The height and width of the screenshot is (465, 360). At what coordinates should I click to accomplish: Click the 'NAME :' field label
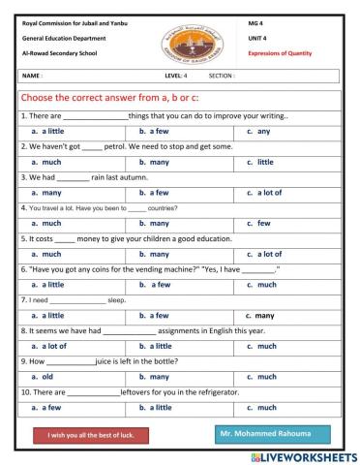pos(32,75)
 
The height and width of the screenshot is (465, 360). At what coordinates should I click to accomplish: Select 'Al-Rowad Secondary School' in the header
pos(60,55)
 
